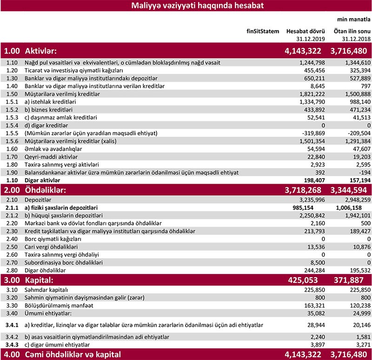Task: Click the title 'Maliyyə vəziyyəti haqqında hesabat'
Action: point(186,6)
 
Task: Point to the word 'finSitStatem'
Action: point(263,32)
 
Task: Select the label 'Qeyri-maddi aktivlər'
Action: point(54,157)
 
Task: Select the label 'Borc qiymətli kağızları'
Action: point(58,238)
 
